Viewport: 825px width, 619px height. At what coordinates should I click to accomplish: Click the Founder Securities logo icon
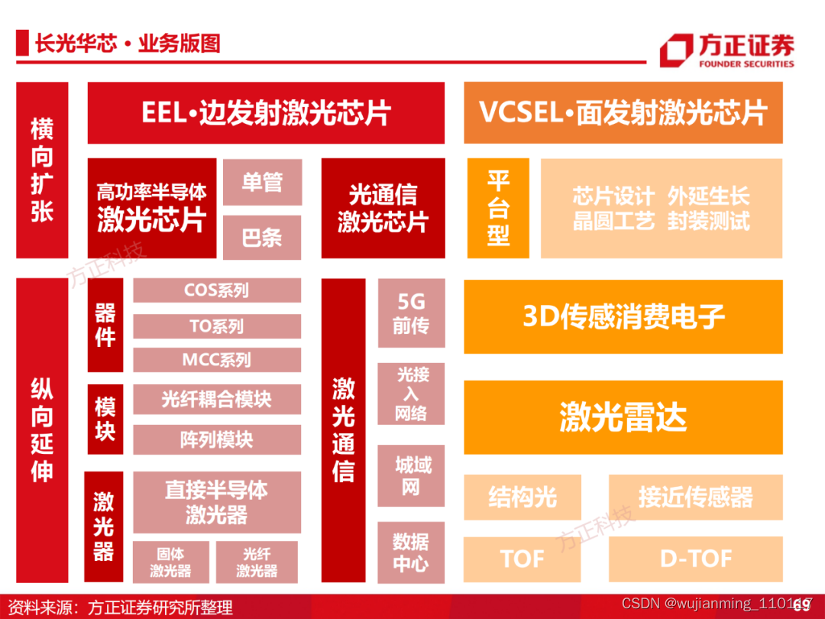coord(675,50)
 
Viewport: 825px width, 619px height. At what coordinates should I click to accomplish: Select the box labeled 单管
coord(262,182)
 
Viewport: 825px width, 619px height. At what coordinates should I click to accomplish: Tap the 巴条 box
coord(262,238)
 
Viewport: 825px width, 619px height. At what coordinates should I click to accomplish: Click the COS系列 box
coord(217,290)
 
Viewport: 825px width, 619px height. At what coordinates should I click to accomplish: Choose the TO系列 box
coord(217,326)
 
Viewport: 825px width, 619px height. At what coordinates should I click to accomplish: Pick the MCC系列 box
coord(217,360)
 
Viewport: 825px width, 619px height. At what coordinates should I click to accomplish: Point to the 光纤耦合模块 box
coord(217,399)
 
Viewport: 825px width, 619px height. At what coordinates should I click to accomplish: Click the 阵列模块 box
coord(217,439)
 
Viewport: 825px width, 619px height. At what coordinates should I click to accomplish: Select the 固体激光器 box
coord(170,562)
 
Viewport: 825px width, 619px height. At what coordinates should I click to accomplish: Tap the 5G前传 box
coord(411,313)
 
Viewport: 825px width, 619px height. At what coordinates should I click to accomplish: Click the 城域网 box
coord(411,475)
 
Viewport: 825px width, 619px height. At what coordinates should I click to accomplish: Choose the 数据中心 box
coord(411,553)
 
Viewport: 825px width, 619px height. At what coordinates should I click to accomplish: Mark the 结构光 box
coord(522,497)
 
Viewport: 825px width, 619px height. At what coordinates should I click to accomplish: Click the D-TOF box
coord(696,559)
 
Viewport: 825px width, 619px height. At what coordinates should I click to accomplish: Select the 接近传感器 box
coord(696,497)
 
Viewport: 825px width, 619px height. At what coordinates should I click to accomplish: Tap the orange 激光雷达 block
coord(623,417)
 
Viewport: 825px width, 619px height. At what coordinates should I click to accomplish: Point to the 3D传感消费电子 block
coord(623,316)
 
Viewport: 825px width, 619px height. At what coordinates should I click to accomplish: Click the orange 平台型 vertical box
coord(498,208)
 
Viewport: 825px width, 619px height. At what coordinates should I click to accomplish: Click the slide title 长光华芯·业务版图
coord(127,44)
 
